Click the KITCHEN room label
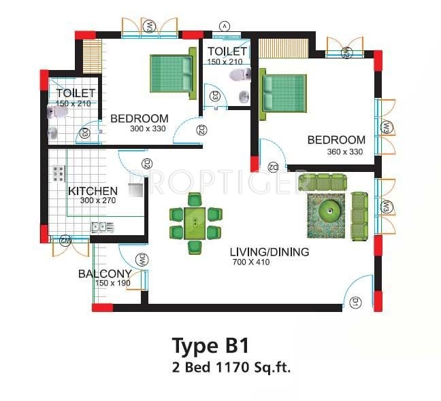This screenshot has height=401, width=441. coord(93,191)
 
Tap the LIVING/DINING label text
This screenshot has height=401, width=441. coord(270,252)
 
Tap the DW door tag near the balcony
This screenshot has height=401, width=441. coord(143,259)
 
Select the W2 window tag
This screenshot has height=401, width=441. coord(346,52)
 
